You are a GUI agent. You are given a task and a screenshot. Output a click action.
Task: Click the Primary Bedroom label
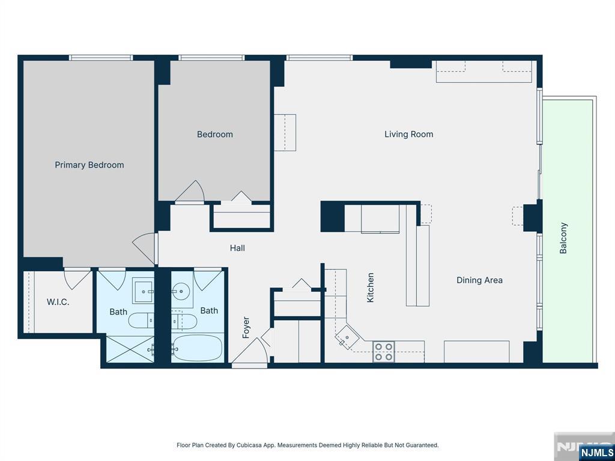point(89,165)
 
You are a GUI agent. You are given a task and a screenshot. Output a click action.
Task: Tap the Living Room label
point(408,134)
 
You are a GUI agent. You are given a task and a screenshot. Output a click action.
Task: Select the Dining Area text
point(479,280)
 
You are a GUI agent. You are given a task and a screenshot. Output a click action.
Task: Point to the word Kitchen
point(370,288)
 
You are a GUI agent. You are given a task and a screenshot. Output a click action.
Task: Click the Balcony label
point(563,238)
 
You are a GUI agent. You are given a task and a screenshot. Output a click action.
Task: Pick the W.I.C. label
point(58,302)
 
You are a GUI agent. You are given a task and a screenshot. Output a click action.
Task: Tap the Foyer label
point(246,327)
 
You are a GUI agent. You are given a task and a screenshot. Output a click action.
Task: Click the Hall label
point(237,248)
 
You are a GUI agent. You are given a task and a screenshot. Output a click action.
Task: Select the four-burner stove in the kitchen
point(384,352)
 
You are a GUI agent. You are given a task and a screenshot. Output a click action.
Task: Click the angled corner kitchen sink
point(347,337)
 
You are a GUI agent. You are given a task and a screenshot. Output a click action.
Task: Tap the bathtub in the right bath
point(197,348)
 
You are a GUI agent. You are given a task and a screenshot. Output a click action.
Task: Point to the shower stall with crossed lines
point(130,349)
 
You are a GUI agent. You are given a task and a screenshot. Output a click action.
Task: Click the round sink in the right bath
point(181,292)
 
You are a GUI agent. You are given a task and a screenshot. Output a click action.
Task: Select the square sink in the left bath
point(143,292)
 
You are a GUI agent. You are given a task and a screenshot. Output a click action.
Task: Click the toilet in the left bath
point(141,321)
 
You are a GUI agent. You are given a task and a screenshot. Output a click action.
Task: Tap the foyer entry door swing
point(250,351)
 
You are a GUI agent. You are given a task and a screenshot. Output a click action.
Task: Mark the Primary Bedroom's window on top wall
point(101,58)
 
